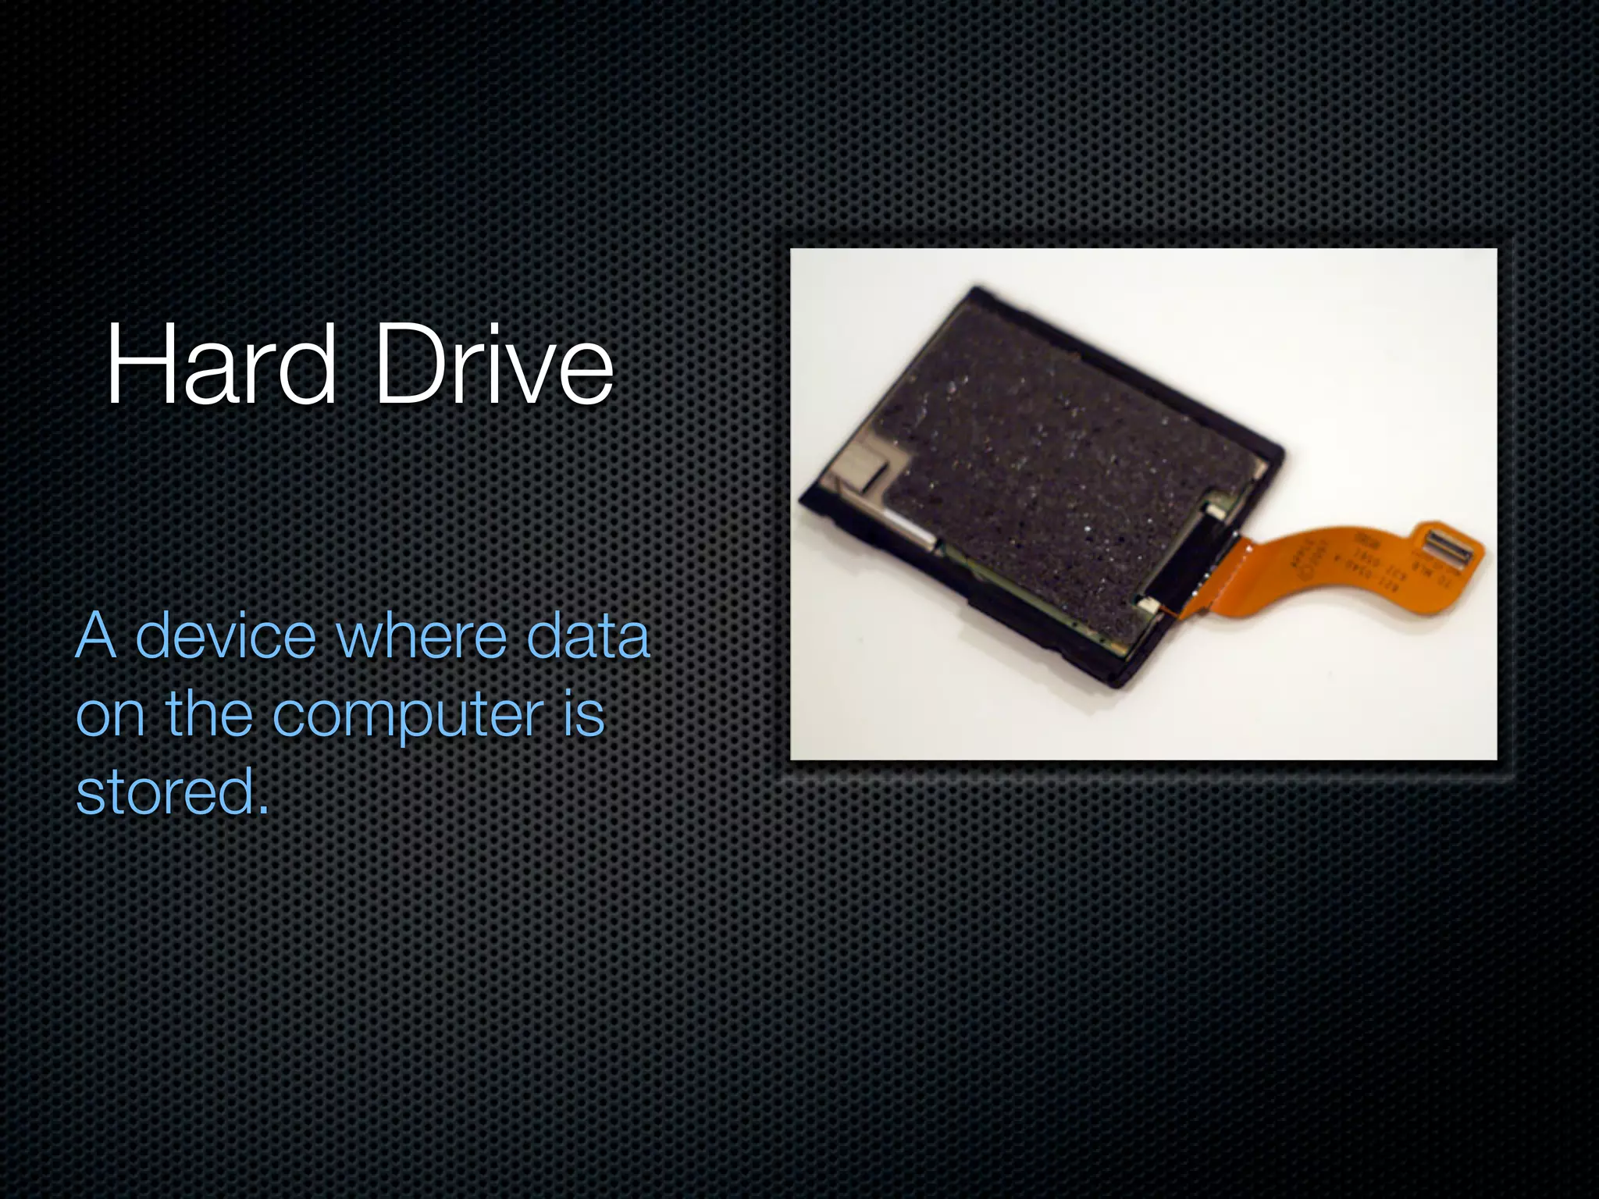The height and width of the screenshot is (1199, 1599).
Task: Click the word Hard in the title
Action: pyautogui.click(x=221, y=365)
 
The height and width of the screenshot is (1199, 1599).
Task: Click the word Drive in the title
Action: pyautogui.click(x=494, y=365)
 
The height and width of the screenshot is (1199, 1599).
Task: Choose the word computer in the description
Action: pyautogui.click(x=408, y=716)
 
